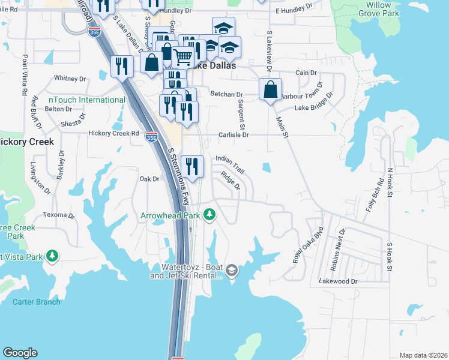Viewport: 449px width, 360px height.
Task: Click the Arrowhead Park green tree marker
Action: point(209,214)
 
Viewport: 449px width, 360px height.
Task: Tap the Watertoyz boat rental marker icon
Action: point(232,271)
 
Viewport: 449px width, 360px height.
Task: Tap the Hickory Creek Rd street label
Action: point(113,133)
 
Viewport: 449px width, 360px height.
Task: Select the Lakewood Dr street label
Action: point(338,281)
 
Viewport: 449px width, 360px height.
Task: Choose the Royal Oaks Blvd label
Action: point(308,245)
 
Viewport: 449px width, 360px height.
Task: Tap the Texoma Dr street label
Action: point(58,215)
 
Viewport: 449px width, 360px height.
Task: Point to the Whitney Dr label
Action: point(70,78)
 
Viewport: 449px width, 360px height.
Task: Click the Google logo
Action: point(20,353)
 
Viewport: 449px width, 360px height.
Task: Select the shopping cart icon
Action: point(183,58)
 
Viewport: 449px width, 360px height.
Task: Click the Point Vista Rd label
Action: point(25,76)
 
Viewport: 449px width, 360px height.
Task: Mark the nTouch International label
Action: point(79,100)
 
